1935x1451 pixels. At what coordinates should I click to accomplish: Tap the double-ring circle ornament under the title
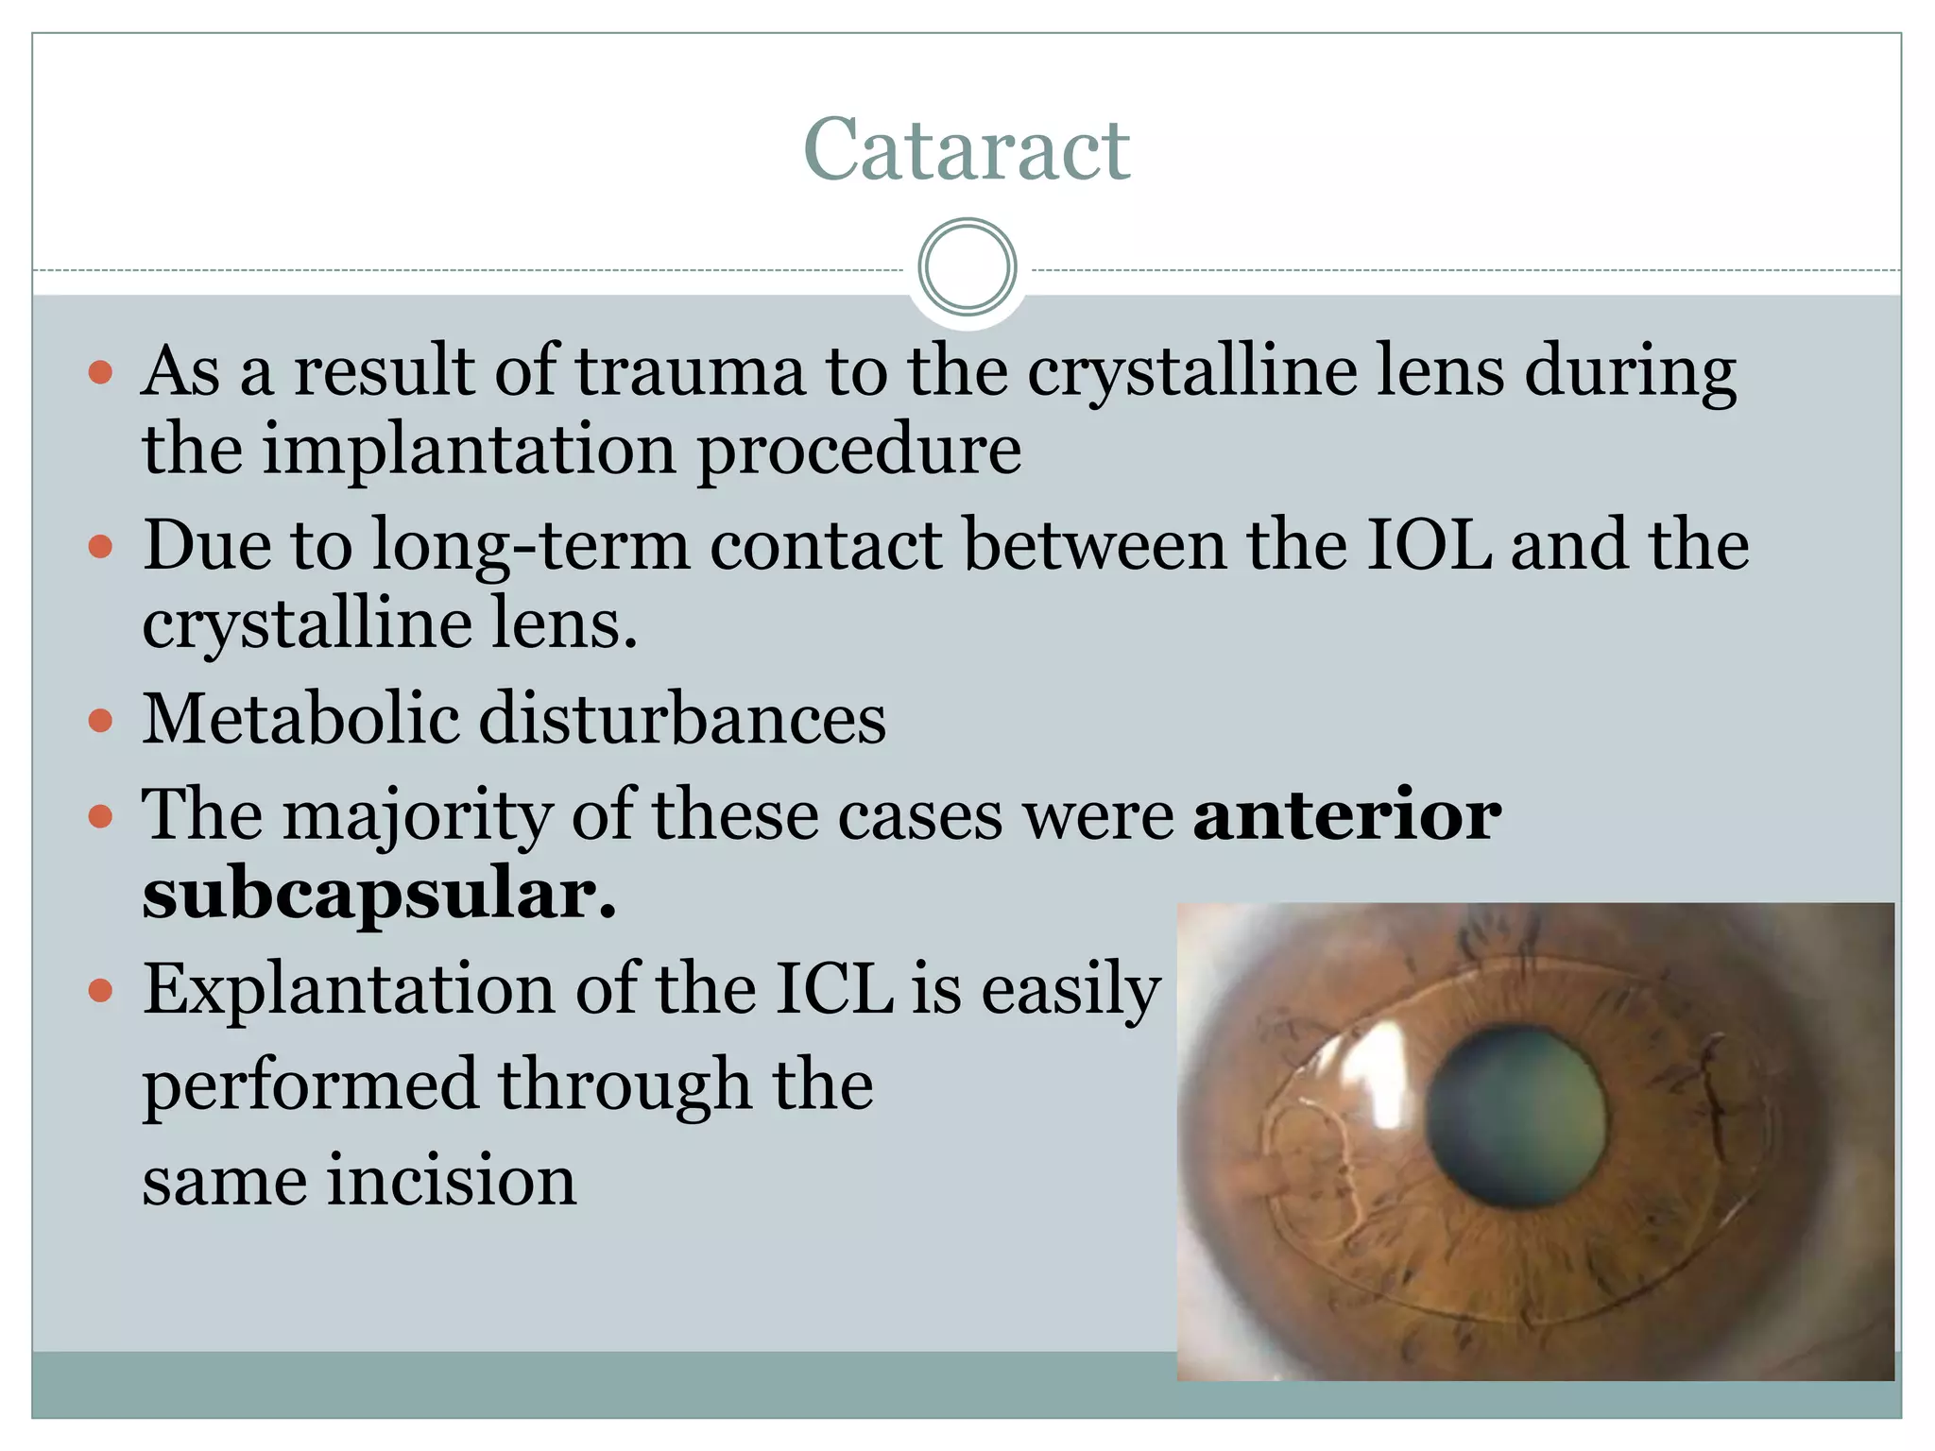[967, 266]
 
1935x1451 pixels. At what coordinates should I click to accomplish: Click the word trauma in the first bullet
[691, 370]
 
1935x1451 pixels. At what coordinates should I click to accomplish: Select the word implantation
[469, 449]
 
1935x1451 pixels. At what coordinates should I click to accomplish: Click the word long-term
[531, 547]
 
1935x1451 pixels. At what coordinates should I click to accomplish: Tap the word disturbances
[682, 719]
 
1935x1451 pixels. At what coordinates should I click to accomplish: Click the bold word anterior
[1346, 814]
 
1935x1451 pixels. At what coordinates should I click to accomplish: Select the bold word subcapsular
[378, 894]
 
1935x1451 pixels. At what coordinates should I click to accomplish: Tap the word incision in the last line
[452, 1181]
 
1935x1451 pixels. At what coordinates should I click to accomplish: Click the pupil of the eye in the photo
[1515, 1117]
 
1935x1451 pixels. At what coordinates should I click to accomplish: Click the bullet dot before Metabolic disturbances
[100, 722]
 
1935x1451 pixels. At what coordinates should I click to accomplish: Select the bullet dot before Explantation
[100, 992]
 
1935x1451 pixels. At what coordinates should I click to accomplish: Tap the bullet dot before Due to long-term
[100, 547]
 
